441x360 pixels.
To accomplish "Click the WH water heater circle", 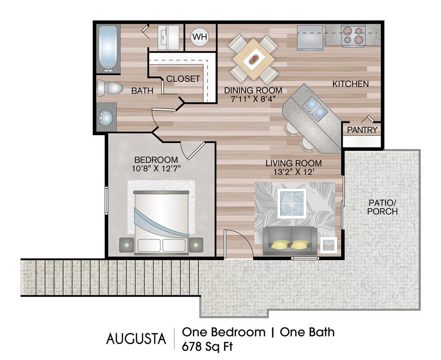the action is point(200,37).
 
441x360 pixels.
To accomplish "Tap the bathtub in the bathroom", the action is point(108,49).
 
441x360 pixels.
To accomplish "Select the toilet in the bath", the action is point(110,88).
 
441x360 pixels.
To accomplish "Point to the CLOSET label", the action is point(183,78).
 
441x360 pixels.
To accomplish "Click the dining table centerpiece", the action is point(254,59).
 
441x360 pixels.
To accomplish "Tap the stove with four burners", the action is point(353,35).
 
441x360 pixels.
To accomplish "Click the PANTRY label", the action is point(362,130).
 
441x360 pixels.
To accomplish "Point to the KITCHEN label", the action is point(351,84).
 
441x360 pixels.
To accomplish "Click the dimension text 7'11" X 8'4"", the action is point(253,99).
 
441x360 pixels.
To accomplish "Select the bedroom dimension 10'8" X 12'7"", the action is point(156,169).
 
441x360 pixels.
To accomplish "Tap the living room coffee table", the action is point(292,203).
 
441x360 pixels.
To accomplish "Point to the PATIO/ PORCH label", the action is point(382,207).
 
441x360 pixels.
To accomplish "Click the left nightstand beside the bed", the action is point(127,245).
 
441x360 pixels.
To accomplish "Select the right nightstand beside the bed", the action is point(196,245).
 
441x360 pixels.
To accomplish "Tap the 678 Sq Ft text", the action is point(207,347).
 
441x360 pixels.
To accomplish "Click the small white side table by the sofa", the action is point(329,245).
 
